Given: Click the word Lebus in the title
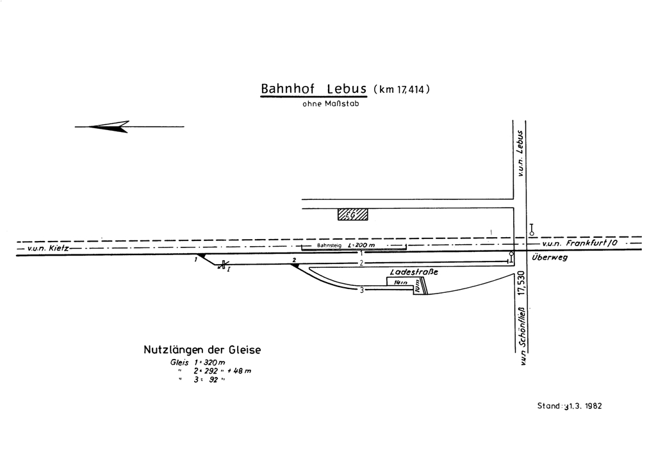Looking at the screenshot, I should tap(346, 88).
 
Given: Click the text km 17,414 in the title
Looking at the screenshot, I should tap(400, 90).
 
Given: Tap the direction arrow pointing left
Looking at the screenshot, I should tap(109, 127).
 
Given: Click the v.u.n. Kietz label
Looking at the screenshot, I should tap(44, 247).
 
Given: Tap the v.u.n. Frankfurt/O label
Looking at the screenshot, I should tap(579, 244).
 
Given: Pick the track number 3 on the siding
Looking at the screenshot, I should tap(362, 290).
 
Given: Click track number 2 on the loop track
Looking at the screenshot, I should tap(361, 263).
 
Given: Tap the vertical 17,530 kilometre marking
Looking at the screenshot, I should tap(521, 282).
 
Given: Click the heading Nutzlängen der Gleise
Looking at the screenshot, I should tap(202, 350).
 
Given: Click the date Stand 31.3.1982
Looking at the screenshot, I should tap(570, 406).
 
